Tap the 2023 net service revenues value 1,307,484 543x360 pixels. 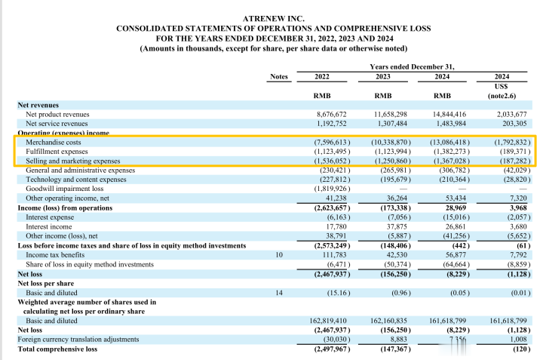(390, 123)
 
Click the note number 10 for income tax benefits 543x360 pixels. (279, 255)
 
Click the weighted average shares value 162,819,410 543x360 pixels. (327, 320)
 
